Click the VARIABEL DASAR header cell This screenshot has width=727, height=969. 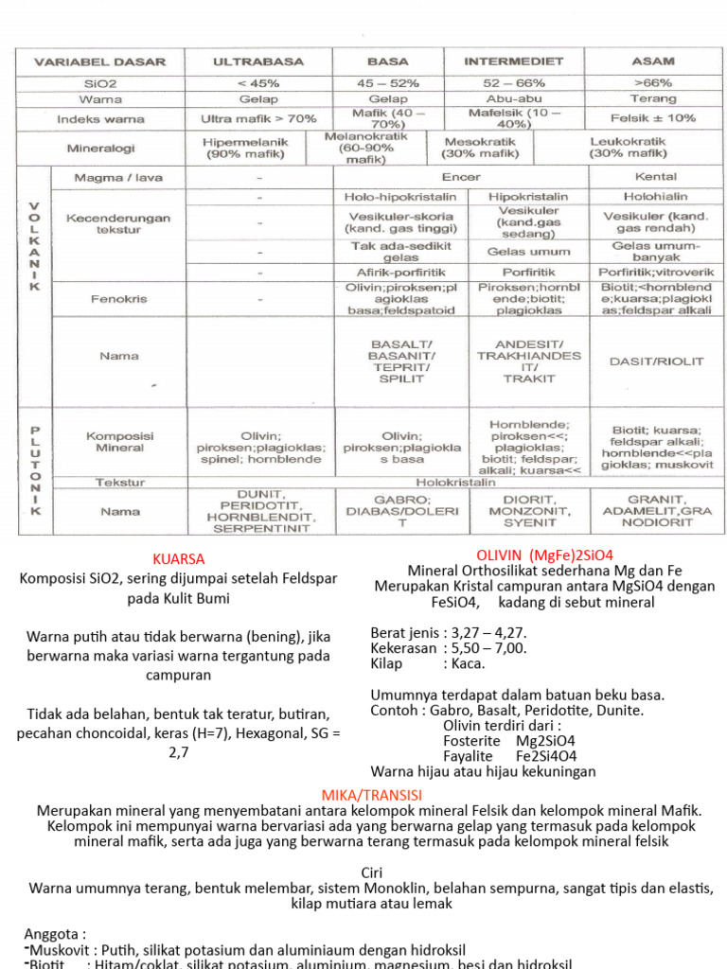pos(100,62)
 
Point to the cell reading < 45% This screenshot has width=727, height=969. pos(257,82)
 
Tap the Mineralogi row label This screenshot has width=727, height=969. pos(100,149)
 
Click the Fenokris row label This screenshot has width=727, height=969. pos(118,298)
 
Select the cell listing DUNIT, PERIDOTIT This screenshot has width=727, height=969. pos(259,511)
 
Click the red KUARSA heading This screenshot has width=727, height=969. pos(178,558)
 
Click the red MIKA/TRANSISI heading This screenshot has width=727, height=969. pos(371,794)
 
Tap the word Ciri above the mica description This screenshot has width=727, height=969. pos(371,872)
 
